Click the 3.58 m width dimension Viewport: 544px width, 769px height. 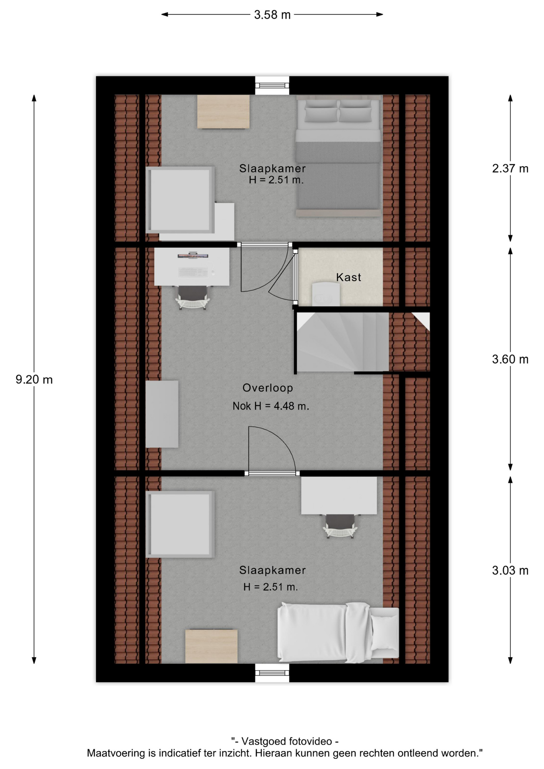272,15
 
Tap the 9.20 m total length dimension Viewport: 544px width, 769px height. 34,379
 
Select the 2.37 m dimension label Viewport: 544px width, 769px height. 510,169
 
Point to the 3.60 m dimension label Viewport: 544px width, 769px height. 510,359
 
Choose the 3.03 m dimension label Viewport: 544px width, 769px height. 510,570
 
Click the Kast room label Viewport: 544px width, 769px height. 349,277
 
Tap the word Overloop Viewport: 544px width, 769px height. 268,388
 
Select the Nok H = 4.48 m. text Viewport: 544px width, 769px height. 271,406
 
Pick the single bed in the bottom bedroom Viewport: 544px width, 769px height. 338,632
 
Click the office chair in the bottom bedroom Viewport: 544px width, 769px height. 341,526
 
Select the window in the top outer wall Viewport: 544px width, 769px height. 272,85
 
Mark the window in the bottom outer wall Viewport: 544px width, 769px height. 272,673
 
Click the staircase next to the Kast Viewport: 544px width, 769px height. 343,342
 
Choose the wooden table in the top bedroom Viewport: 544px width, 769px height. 223,112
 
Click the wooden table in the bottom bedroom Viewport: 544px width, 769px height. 211,646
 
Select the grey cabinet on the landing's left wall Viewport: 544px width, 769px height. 162,414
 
